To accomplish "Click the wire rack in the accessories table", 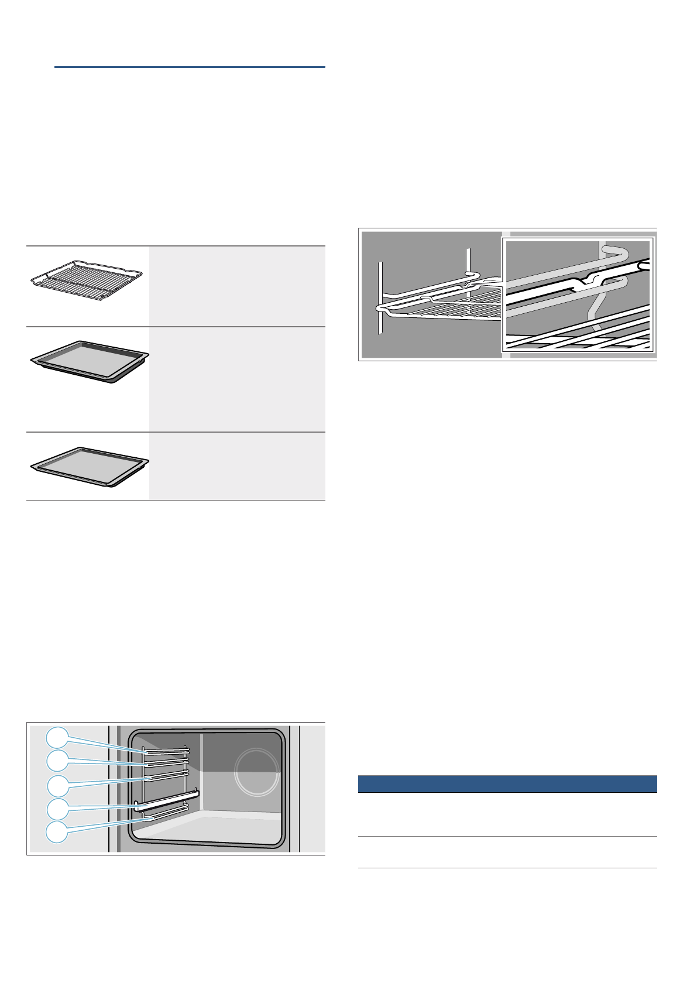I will [87, 280].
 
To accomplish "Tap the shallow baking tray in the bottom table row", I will [90, 466].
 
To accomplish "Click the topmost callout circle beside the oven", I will [57, 737].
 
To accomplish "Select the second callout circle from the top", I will [57, 761].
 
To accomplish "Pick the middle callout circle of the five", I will [57, 785].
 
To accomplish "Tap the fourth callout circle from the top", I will [57, 809].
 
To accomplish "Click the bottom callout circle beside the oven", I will [57, 832].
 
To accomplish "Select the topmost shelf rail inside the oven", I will [165, 749].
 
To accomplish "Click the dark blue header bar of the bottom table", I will [507, 784].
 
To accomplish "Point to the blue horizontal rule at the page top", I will [190, 67].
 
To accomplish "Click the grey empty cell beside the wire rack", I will [237, 286].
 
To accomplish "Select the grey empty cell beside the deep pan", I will [237, 379].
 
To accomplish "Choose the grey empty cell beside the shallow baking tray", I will [237, 466].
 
